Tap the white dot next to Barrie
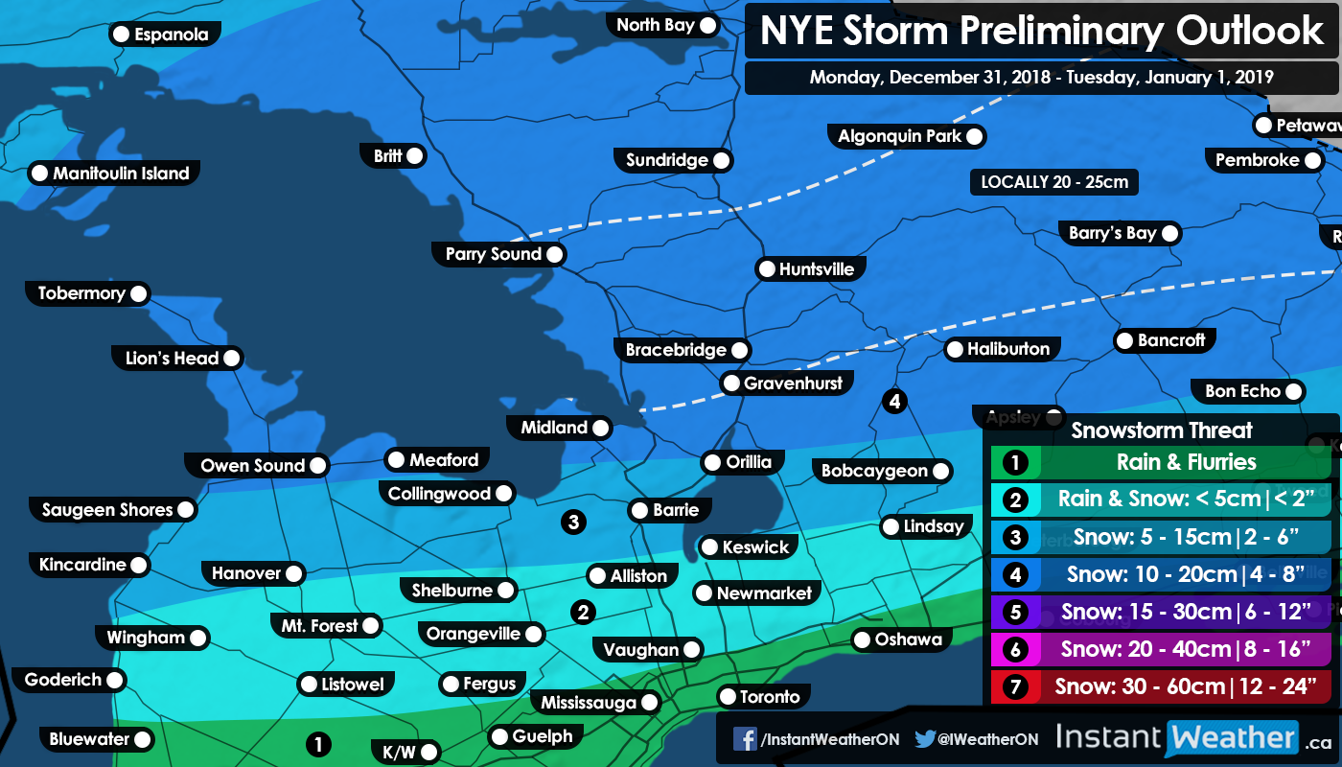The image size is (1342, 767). point(639,511)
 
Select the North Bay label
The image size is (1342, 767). point(656,25)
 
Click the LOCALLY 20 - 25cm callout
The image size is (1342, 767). point(1053,182)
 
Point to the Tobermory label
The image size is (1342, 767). point(81,293)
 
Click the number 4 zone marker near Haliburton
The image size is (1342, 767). point(894,401)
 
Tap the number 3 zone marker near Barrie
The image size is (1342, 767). point(573,522)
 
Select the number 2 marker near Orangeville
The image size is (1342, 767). point(582,611)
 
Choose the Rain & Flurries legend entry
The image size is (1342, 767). point(1186,463)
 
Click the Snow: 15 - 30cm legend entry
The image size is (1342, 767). point(1186,612)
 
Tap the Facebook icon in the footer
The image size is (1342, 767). point(745,739)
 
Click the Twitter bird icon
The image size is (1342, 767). point(924,739)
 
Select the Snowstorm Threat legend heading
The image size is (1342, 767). point(1162,430)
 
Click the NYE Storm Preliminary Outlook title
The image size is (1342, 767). point(1042,32)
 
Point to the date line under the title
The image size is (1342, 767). point(1041,78)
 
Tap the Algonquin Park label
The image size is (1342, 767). point(899,136)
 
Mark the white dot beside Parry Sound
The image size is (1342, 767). point(554,255)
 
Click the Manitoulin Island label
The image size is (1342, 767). point(121,174)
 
